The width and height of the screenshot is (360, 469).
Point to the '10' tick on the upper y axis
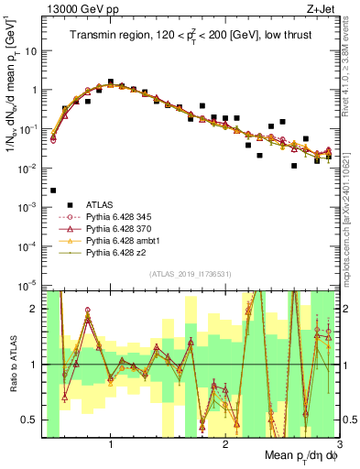31,51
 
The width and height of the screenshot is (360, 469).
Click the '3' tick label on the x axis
339,445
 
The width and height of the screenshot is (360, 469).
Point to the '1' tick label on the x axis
111,445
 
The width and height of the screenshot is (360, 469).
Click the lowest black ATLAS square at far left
53,191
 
